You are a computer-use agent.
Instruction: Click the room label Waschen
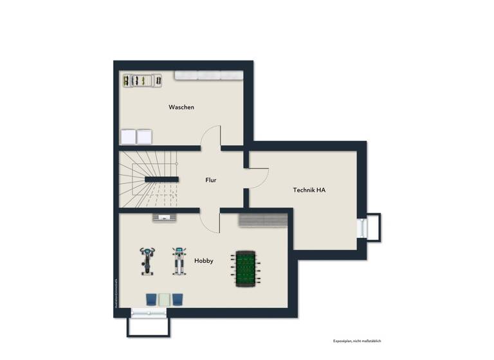tap(181, 107)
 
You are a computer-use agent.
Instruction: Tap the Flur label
tap(210, 180)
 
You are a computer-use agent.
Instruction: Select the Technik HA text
tap(309, 190)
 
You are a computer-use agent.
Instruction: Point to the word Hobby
tap(204, 260)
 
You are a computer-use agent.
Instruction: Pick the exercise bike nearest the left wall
tap(147, 260)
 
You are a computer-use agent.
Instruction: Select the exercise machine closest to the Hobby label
tap(178, 260)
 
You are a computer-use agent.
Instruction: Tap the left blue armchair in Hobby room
tap(151, 299)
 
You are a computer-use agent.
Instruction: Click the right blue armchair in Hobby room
tap(178, 299)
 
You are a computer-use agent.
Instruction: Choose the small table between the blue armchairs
tap(165, 299)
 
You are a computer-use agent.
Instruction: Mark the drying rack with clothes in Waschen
tap(142, 80)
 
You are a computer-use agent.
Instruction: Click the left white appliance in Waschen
tap(128, 137)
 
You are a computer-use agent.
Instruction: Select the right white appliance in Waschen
tap(144, 137)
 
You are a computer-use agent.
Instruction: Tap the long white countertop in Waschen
tap(207, 76)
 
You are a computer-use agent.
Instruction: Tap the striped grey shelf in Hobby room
tap(262, 220)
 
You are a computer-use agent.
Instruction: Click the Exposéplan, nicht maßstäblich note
tap(357, 341)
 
